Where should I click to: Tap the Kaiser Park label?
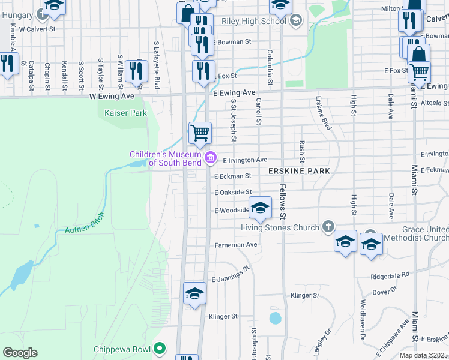click(x=117, y=113)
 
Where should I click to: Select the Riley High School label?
click(x=253, y=22)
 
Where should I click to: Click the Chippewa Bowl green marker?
click(x=159, y=348)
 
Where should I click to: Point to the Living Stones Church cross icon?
click(x=328, y=227)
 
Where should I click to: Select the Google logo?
click(x=20, y=353)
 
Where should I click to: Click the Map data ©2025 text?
click(x=423, y=355)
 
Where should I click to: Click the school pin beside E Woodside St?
click(x=259, y=208)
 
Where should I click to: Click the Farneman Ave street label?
click(x=236, y=245)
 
